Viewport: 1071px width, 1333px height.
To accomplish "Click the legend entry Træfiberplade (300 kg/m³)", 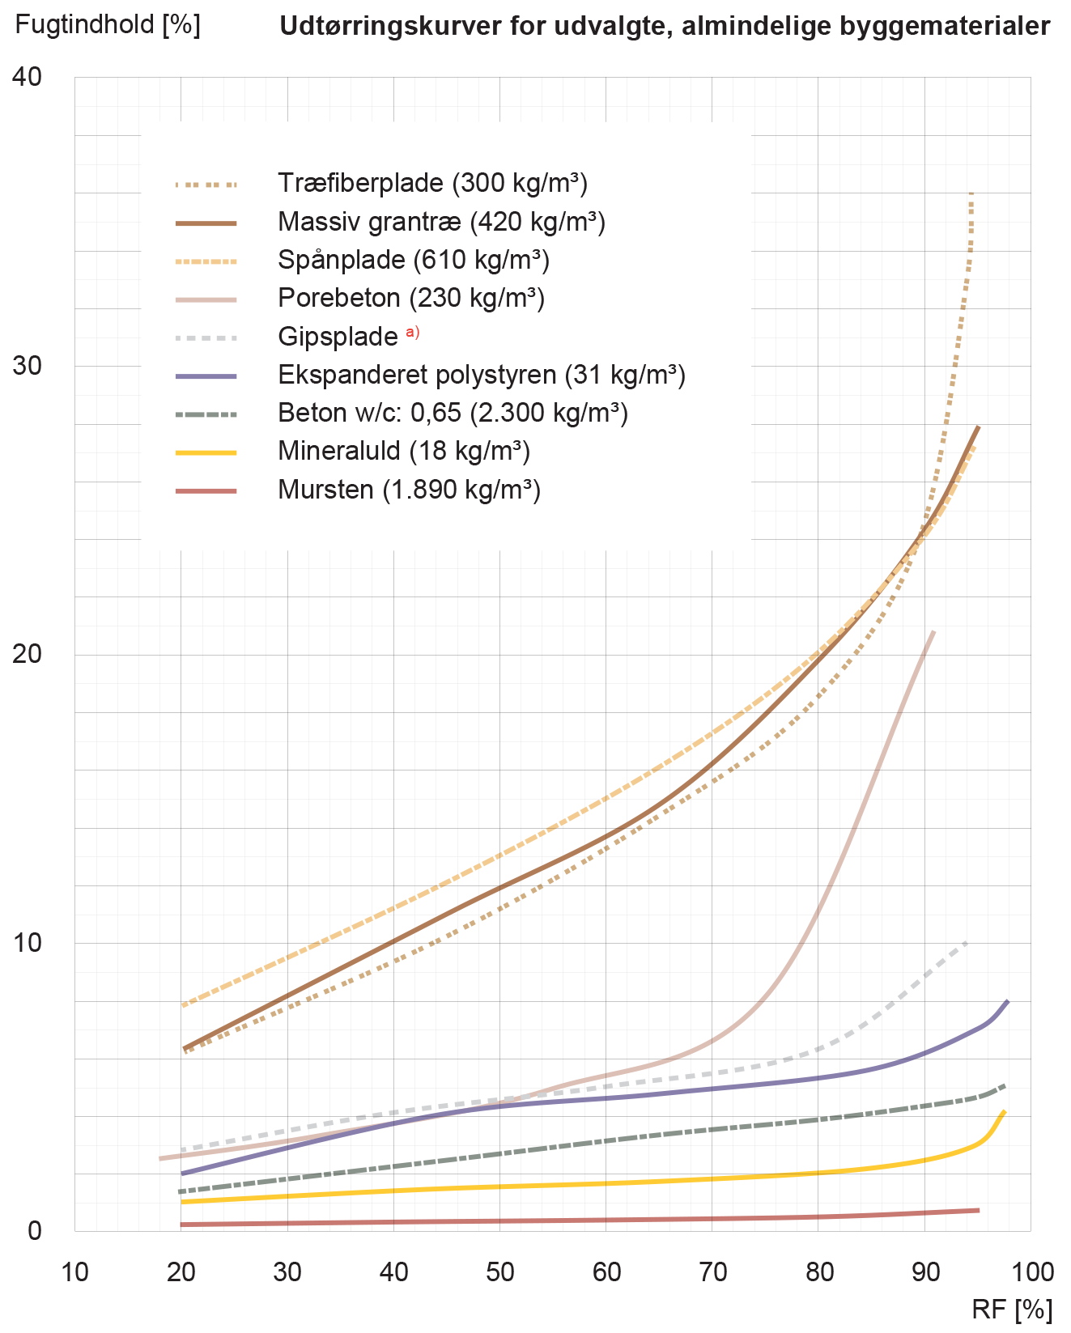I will coord(432,183).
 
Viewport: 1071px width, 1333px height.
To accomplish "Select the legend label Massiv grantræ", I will coord(441,222).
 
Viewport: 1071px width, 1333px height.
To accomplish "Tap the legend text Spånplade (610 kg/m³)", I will coord(413,260).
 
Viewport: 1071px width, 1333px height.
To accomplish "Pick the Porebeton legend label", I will coord(410,298).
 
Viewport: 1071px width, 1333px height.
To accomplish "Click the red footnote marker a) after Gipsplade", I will coord(413,332).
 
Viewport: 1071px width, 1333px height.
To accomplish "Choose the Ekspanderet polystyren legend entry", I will coord(481,375).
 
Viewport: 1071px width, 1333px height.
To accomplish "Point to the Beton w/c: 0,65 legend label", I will coord(452,413).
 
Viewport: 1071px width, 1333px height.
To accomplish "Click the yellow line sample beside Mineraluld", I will coord(206,452).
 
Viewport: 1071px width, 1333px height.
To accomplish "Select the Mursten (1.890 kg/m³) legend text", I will coord(409,490).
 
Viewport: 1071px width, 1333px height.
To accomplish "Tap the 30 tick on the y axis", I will coord(27,365).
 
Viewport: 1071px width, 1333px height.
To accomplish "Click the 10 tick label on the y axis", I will coord(27,942).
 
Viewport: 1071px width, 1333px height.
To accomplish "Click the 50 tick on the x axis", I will coord(500,1272).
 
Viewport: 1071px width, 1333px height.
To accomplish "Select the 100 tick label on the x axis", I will coord(1032,1272).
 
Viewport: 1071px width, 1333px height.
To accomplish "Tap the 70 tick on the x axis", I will coord(713,1272).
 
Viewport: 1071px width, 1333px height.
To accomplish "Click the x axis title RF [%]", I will coord(1012,1310).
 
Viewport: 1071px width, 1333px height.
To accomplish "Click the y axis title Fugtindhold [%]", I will coord(107,24).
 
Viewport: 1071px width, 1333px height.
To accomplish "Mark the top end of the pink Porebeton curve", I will coord(934,631).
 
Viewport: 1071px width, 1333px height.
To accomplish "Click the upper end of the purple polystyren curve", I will coord(1007,1002).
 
